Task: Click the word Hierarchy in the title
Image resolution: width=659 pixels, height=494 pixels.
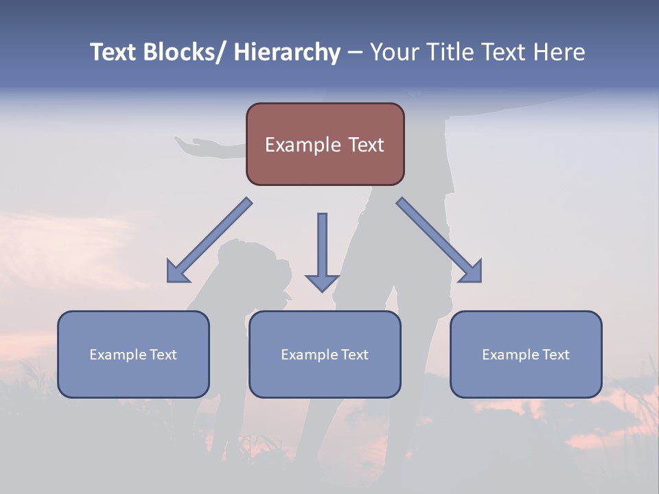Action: tap(287, 52)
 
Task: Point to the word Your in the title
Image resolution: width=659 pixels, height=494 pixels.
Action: tap(393, 52)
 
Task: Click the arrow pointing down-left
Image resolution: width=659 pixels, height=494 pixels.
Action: tap(209, 241)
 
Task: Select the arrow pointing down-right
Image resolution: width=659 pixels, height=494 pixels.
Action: tap(439, 241)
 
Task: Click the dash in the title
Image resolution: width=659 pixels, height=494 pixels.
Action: tap(354, 52)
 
